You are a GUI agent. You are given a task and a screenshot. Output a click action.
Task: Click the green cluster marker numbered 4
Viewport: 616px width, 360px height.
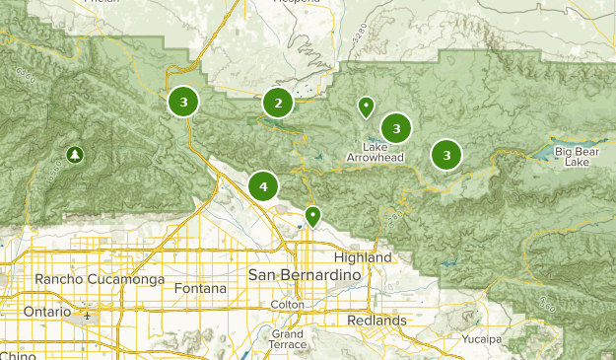pos(263,185)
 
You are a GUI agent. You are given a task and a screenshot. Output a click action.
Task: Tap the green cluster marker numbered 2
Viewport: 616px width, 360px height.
pos(278,103)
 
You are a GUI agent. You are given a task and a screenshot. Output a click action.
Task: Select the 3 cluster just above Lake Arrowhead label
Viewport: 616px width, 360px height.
pos(395,127)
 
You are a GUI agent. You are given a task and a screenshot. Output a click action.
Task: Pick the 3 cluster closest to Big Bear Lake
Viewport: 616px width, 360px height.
pos(446,155)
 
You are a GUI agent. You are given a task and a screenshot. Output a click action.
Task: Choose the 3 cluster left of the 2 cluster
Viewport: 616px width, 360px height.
pos(183,101)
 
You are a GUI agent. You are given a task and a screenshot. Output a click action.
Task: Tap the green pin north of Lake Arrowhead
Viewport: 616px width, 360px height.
pos(366,106)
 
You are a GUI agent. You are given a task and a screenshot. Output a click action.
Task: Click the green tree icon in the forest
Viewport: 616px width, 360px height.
pos(75,155)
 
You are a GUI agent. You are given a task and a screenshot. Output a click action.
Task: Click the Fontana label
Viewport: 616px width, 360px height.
pos(199,289)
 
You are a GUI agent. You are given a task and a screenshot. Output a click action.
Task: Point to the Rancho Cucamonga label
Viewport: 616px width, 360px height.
pos(86,279)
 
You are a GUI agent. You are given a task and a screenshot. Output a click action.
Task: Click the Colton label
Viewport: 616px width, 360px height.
pos(288,306)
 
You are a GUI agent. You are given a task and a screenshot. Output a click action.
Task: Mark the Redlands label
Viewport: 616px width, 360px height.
pos(376,321)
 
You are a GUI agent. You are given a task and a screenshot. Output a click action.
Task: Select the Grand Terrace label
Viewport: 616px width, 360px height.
pos(287,340)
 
